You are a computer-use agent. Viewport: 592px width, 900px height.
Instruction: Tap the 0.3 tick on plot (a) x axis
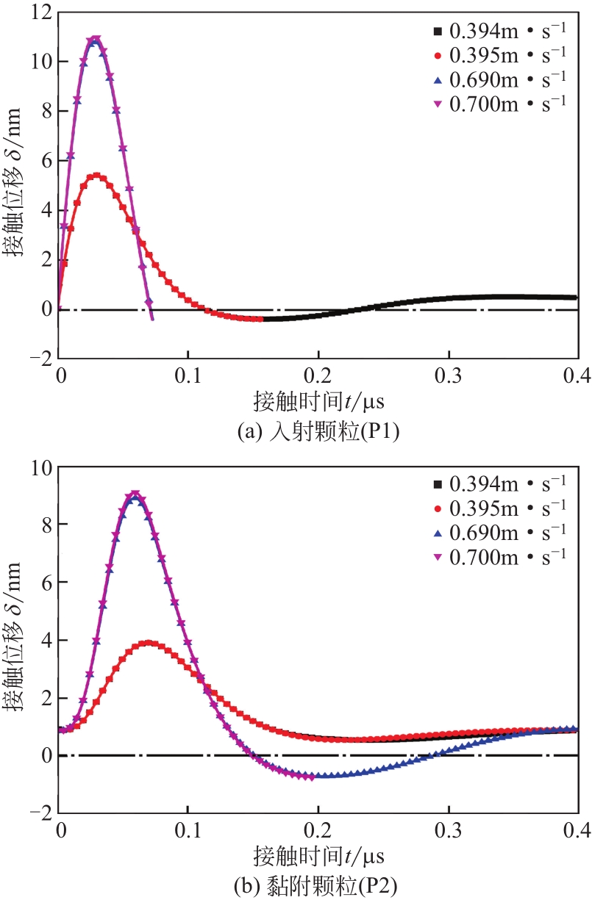[447, 376]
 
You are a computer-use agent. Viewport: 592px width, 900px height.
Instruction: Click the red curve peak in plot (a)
[96, 176]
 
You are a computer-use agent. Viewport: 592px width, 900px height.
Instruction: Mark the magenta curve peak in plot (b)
[135, 494]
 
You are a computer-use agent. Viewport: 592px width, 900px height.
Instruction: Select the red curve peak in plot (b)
[149, 643]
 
